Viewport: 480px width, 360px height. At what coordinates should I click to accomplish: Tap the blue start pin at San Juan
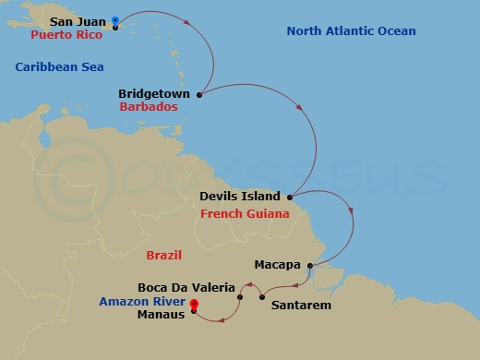(x=114, y=21)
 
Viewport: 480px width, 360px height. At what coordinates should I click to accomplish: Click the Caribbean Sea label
(x=60, y=67)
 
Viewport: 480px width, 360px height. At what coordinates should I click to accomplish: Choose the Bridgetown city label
(x=154, y=94)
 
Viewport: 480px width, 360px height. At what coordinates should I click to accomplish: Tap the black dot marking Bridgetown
(x=199, y=94)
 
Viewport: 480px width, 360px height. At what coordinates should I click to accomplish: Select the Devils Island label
(x=242, y=197)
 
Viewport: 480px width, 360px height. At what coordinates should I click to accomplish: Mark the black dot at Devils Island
(x=291, y=197)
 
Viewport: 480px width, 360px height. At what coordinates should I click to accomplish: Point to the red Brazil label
(x=164, y=255)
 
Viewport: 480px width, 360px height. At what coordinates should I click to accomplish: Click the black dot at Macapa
(x=309, y=267)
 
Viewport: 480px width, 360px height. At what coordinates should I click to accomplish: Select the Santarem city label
(x=301, y=304)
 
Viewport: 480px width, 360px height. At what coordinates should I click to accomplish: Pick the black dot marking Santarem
(x=262, y=296)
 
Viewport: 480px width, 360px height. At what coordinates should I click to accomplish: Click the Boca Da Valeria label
(x=186, y=287)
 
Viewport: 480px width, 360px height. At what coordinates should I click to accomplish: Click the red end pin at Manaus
(x=194, y=307)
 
